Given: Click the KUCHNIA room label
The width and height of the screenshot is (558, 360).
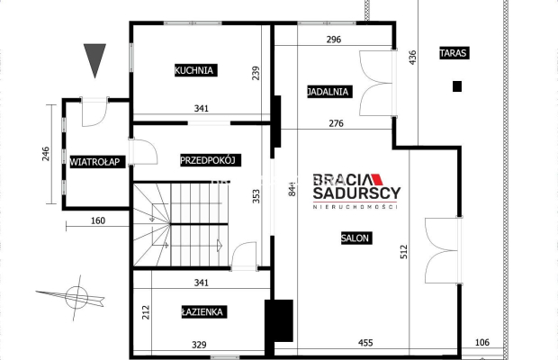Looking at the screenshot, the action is [195, 70].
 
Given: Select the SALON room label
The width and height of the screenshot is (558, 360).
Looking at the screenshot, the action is [356, 238].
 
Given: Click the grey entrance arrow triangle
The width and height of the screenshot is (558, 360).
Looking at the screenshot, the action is [94, 60].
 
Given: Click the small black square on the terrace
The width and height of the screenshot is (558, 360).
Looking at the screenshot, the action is [457, 86].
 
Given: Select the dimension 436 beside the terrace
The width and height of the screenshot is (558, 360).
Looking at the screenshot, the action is [412, 58].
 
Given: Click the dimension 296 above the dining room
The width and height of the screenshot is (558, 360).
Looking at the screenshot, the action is [334, 40].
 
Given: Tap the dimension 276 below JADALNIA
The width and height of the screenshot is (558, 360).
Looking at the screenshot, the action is [337, 123].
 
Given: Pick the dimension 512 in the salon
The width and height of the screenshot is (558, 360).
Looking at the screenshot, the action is [404, 251].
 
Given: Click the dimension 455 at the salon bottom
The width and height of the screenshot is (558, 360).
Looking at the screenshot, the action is [365, 343].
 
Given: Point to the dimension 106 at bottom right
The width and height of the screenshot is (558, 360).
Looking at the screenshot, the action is [482, 342].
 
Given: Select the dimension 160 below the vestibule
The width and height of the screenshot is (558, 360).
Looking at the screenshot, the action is [98, 220].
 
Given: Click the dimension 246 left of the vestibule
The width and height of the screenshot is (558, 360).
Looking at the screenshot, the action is [46, 154].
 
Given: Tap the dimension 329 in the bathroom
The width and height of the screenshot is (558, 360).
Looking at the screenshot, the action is [199, 345].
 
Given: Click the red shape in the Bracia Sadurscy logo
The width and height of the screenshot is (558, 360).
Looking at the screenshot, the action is [377, 179].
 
